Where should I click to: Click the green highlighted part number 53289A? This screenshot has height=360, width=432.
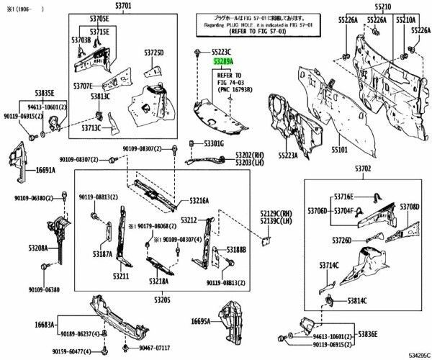[223, 63]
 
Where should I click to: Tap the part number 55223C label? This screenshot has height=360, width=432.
[222, 53]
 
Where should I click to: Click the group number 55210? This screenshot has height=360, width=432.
[381, 6]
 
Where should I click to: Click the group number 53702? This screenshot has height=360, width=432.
[362, 168]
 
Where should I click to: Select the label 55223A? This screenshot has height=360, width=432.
[287, 154]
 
